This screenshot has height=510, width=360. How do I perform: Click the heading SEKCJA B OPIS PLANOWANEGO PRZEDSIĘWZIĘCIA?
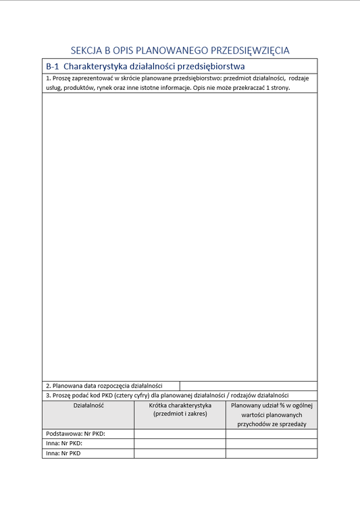pyautogui.click(x=180, y=50)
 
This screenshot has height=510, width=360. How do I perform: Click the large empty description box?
pyautogui.click(x=180, y=236)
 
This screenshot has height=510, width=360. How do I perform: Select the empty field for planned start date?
pyautogui.click(x=248, y=386)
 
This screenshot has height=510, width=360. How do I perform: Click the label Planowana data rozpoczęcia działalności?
pyautogui.click(x=107, y=386)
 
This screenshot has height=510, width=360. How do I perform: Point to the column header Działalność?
pyautogui.click(x=88, y=405)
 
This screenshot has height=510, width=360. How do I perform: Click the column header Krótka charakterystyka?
pyautogui.click(x=180, y=405)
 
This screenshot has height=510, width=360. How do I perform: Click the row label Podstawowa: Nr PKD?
pyautogui.click(x=76, y=434)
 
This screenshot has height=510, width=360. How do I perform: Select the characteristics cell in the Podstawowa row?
pyautogui.click(x=180, y=434)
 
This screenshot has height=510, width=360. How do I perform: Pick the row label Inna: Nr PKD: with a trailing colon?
pyautogui.click(x=64, y=444)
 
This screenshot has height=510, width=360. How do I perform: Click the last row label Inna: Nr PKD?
pyautogui.click(x=63, y=453)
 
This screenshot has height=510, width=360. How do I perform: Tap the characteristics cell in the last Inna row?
pyautogui.click(x=180, y=453)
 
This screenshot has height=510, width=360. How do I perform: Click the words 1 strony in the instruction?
pyautogui.click(x=278, y=88)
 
